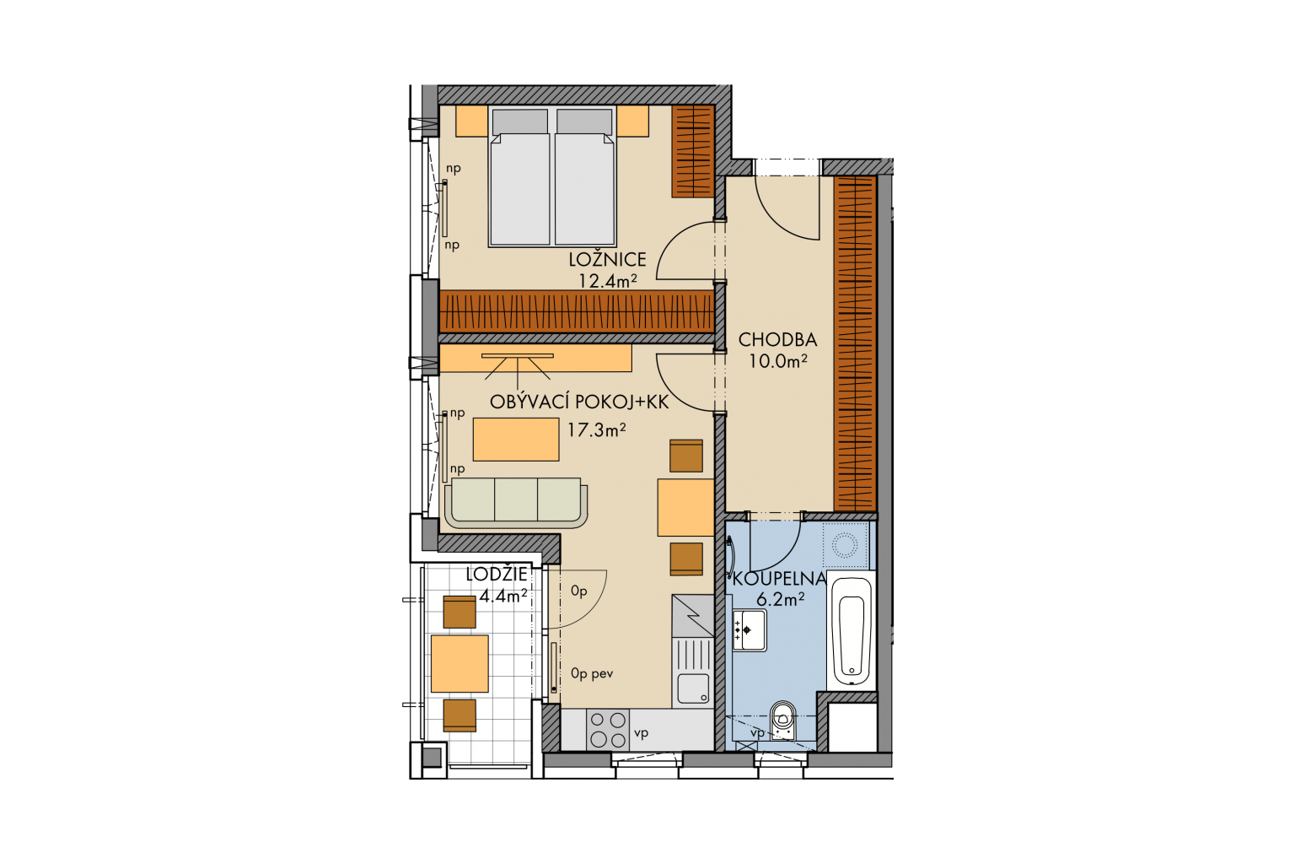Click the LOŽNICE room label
point(607,259)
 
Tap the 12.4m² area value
point(608,281)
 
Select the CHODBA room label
point(777,339)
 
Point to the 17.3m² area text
point(597,430)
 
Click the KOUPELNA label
point(780,578)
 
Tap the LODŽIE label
point(497,574)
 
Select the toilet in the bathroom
point(782,721)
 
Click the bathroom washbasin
point(750,630)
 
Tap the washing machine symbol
point(845,545)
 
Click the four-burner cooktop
point(608,730)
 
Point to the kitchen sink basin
point(693,688)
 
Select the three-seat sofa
point(516,503)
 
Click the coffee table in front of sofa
point(516,440)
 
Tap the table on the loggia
point(459,664)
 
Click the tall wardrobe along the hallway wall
point(855,343)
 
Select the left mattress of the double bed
point(519,178)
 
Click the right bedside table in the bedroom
point(632,121)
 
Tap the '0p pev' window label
point(591,673)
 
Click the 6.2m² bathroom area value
point(780,600)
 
